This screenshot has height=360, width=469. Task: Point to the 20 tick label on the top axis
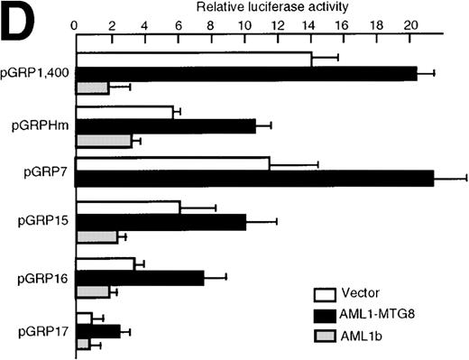click(x=411, y=25)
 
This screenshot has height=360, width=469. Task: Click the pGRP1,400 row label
click(x=37, y=71)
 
